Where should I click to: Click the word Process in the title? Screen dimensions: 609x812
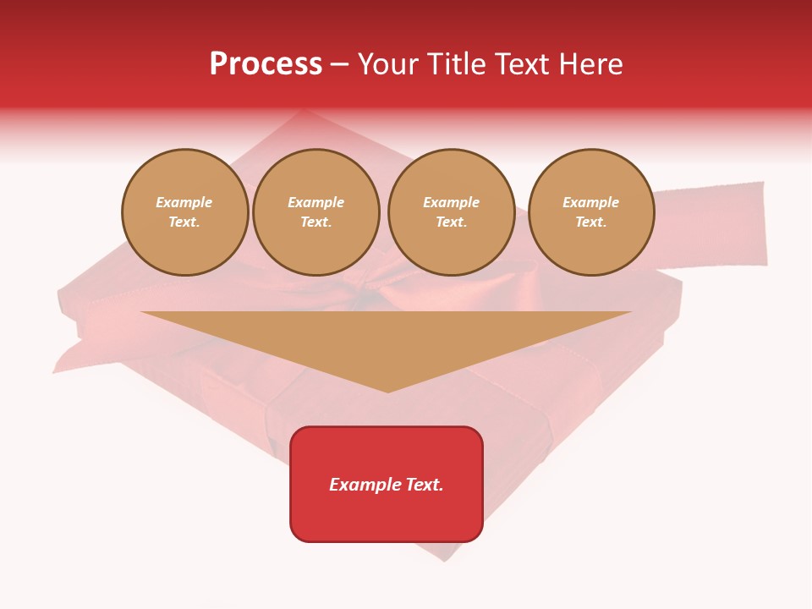[266, 64]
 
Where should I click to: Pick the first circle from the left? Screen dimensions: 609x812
[185, 212]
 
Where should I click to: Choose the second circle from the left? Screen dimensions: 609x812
[316, 212]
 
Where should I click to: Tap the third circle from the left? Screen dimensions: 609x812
[452, 212]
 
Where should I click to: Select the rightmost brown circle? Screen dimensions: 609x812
[591, 212]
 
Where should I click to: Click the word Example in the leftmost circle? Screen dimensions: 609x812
[184, 202]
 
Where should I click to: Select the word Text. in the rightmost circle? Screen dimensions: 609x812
[591, 222]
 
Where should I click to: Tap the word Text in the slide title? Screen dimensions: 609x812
[522, 64]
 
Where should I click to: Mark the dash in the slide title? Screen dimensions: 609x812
[340, 65]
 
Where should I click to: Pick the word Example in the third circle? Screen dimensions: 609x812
[452, 202]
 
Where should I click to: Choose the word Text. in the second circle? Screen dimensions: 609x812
[316, 222]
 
